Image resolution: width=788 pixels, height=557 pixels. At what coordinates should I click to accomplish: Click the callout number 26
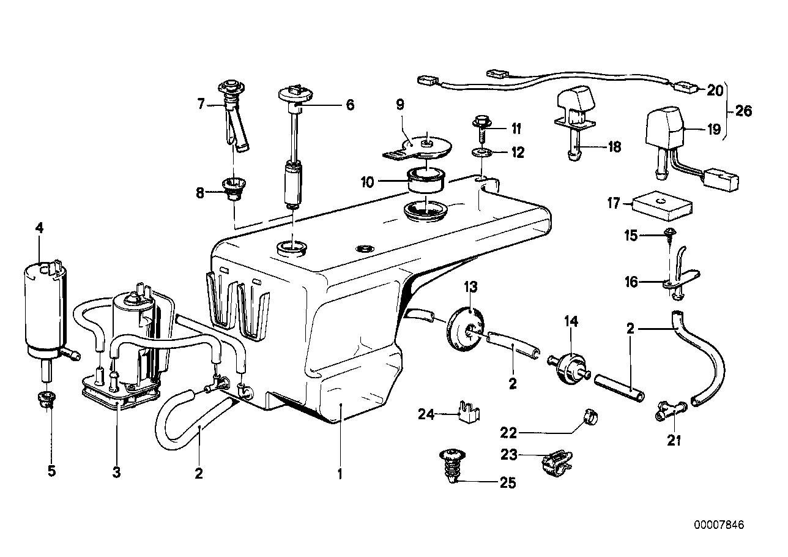pos(743,111)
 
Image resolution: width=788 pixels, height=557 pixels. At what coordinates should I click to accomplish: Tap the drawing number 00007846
pos(720,525)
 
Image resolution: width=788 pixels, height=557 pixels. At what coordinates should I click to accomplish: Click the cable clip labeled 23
pos(555,463)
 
